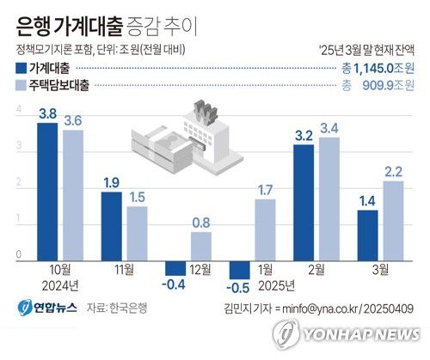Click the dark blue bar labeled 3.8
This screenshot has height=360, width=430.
(48, 190)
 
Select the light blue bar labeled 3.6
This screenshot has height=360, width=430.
(72, 193)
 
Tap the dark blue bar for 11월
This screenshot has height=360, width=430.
(112, 224)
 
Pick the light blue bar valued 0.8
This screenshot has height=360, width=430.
(200, 245)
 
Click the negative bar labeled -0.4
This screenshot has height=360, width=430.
(175, 264)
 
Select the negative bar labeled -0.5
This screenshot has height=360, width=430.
(239, 265)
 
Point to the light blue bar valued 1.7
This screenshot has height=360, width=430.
(265, 229)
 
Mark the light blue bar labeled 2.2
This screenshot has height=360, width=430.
(393, 219)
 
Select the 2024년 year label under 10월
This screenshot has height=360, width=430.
(60, 284)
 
